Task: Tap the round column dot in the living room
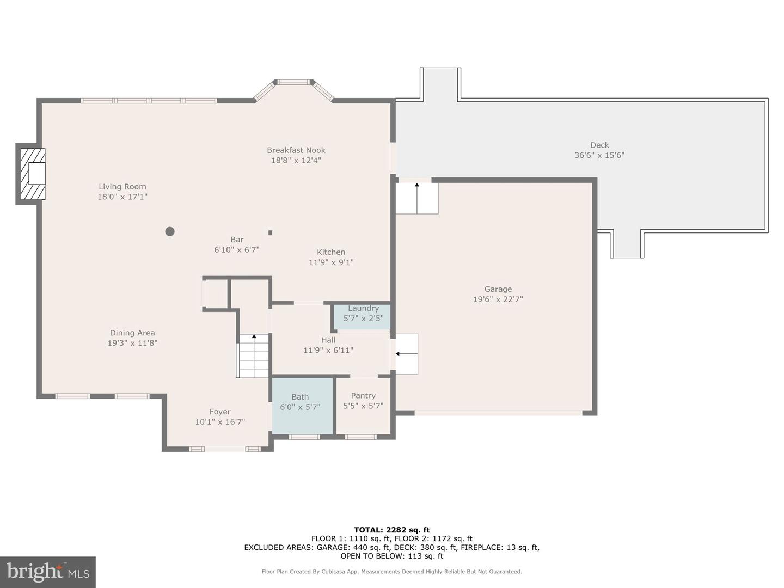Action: click(170, 231)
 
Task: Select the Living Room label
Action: click(122, 187)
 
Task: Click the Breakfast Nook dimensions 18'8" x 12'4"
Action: click(296, 161)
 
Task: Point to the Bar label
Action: click(237, 240)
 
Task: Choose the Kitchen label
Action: click(331, 252)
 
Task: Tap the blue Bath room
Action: click(302, 406)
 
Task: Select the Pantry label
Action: click(363, 396)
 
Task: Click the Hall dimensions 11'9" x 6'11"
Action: click(328, 351)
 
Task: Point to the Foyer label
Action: click(220, 412)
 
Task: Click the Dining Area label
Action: click(132, 333)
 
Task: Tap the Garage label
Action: click(498, 290)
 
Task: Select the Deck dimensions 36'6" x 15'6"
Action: click(599, 155)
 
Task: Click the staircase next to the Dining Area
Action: click(253, 357)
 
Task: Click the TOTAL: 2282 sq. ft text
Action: click(391, 530)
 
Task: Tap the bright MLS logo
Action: click(48, 572)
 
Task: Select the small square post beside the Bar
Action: click(270, 232)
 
